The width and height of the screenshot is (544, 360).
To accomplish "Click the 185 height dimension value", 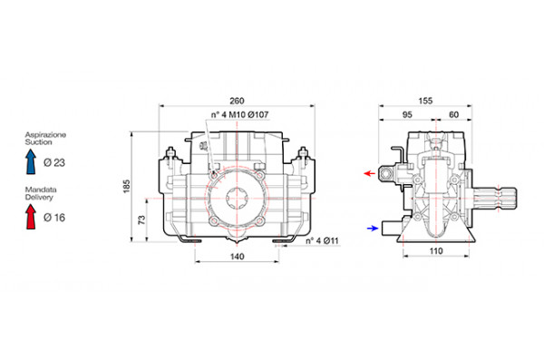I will (127, 187).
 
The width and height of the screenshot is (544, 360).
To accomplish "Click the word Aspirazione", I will (44, 134).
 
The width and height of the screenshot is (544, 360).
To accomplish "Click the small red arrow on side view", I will (370, 170).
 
